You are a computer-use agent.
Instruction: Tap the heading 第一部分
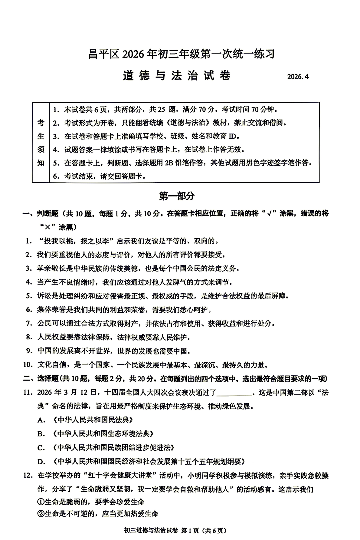coord(177,196)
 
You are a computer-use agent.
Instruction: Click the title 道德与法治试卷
coord(177,75)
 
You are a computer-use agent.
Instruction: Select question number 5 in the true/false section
coord(29,296)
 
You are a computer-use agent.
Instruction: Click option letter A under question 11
coord(41,420)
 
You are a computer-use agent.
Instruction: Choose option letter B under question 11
coord(41,434)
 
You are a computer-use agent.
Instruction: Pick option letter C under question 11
coord(41,448)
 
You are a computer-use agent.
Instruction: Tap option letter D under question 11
coord(41,462)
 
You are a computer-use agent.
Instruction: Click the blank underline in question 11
coord(234,393)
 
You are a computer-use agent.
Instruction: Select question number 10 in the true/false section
coord(28,365)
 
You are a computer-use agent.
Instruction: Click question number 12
coord(28,476)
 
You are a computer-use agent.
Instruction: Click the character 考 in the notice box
coord(41,123)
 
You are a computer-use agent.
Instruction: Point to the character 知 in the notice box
coord(41,163)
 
